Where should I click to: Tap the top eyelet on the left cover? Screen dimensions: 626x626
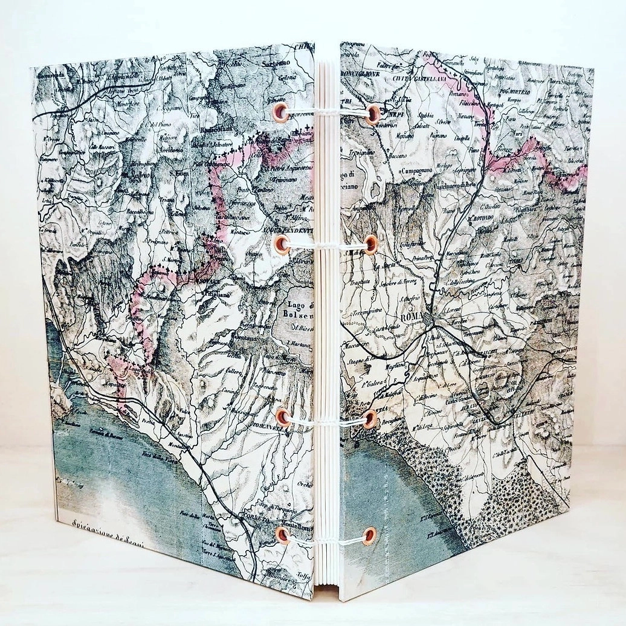(x=280, y=112)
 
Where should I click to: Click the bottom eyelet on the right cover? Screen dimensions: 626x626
(x=369, y=534)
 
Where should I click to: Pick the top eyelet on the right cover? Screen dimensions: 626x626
(x=372, y=114)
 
